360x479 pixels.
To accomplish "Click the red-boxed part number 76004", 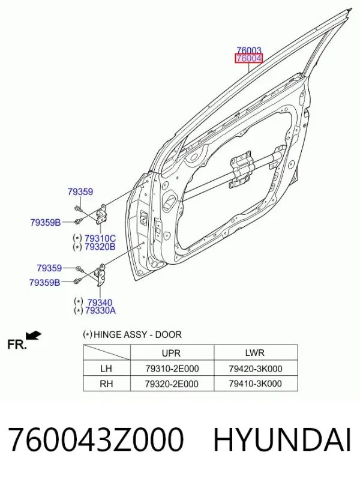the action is pyautogui.click(x=248, y=58).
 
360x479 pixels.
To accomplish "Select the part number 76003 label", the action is pyautogui.click(x=249, y=50).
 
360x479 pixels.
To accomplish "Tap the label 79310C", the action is pyautogui.click(x=100, y=238).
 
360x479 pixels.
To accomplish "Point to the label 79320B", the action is pyautogui.click(x=100, y=247).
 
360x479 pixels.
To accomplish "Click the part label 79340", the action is pyautogui.click(x=100, y=303).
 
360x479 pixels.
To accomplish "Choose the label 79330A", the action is pyautogui.click(x=100, y=311).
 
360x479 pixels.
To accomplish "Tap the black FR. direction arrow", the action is pyautogui.click(x=34, y=335).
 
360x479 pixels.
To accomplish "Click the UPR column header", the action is pyautogui.click(x=171, y=353).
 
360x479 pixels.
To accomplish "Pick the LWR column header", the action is pyautogui.click(x=254, y=353).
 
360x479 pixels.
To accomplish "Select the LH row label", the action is pyautogui.click(x=106, y=369).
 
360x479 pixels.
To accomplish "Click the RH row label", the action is pyautogui.click(x=106, y=384).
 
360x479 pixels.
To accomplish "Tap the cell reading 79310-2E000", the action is pyautogui.click(x=172, y=369).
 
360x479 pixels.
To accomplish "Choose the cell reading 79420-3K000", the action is pyautogui.click(x=256, y=369).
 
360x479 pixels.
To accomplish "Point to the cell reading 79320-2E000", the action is pyautogui.click(x=172, y=384).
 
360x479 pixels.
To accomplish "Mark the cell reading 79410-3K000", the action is pyautogui.click(x=255, y=384).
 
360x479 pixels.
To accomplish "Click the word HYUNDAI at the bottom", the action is pyautogui.click(x=282, y=440).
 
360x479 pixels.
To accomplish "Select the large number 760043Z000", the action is pyautogui.click(x=96, y=440).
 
